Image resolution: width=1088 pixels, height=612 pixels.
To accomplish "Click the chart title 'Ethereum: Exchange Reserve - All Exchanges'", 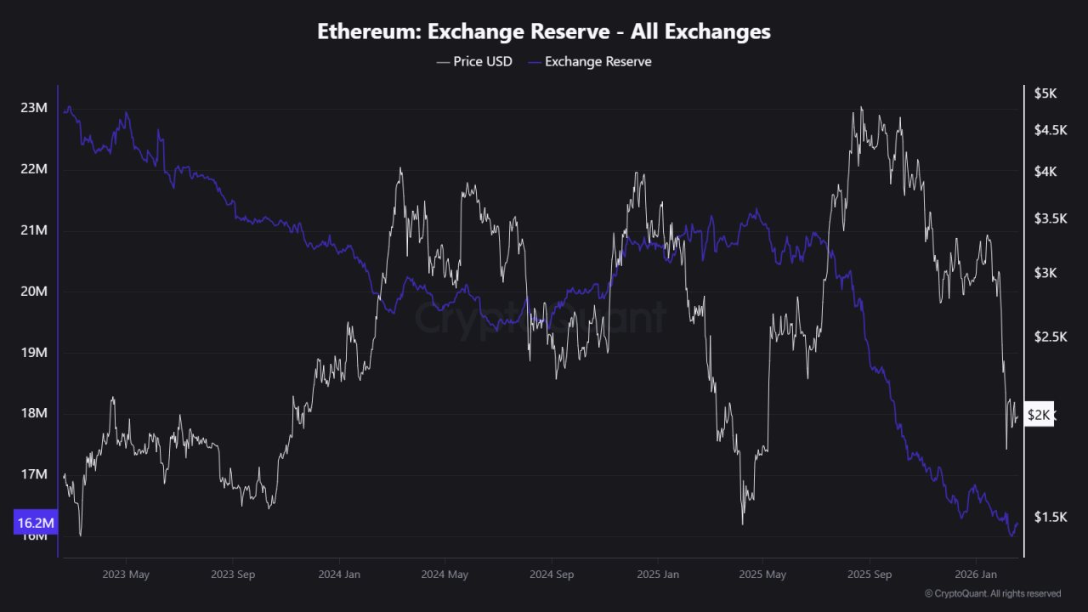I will tap(544, 31).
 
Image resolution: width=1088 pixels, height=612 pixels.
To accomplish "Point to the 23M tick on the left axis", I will tap(35, 108).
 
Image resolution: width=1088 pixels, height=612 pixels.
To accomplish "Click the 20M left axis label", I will tap(35, 292).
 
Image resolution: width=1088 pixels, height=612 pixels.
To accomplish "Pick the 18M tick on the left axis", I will tap(35, 414).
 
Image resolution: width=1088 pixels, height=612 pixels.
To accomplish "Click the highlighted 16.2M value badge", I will tap(36, 523).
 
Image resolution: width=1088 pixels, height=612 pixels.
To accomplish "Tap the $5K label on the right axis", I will tap(1045, 93).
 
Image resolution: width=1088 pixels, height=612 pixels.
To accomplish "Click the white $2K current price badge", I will tap(1040, 415).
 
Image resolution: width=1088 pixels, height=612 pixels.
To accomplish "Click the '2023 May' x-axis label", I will tap(126, 575).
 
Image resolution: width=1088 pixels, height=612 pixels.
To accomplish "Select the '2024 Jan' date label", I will tap(338, 575).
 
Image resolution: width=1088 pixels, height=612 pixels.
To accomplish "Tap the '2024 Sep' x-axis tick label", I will tap(552, 575).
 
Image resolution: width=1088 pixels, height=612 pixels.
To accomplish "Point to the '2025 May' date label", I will tap(763, 575).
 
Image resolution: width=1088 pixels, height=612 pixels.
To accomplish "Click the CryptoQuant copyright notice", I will tap(993, 594).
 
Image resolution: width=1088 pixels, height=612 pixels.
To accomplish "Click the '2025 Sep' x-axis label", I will tap(870, 575).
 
